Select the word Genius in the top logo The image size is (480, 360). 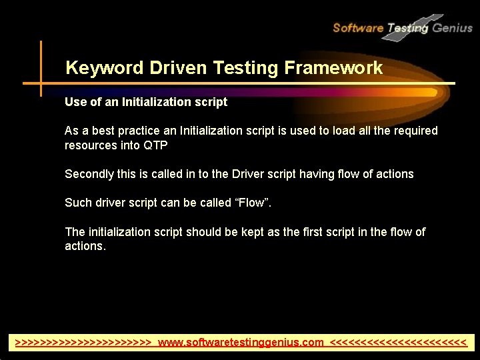point(452,28)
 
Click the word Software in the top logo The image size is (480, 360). point(358,28)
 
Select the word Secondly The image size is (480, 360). point(89,174)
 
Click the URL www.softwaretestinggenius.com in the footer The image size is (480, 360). point(241,343)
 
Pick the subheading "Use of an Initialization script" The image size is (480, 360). point(146,102)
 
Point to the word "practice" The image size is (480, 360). point(139,131)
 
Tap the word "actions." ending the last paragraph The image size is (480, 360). point(85,246)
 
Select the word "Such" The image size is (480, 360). point(77,203)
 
